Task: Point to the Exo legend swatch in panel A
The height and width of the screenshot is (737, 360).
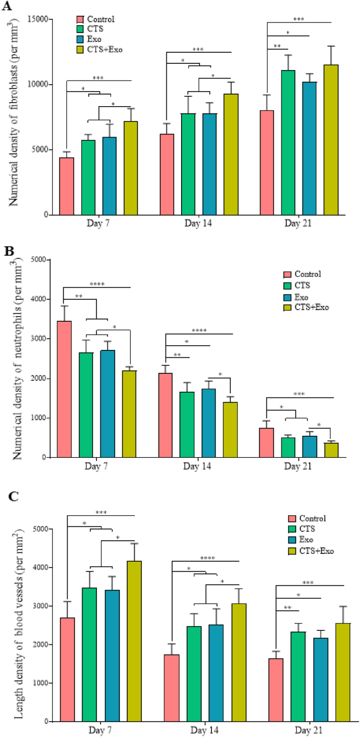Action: pos(80,39)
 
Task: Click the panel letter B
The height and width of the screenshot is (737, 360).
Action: pos(8,251)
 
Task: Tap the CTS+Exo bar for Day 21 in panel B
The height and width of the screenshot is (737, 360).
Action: pos(331,450)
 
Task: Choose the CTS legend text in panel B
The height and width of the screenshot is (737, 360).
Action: pos(302,286)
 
